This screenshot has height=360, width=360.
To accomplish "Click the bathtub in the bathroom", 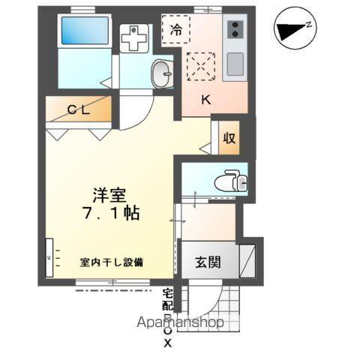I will (x=84, y=32).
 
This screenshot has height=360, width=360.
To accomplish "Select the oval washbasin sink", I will (x=161, y=73).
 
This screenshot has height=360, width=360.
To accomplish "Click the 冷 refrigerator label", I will (x=177, y=30).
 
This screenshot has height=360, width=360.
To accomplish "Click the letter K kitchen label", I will (x=203, y=98).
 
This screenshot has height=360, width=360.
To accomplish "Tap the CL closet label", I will (x=79, y=110).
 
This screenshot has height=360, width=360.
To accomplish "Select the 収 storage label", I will (x=229, y=139).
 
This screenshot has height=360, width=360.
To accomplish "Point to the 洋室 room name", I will (x=108, y=193).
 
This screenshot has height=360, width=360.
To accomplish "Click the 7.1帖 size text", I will (x=108, y=212).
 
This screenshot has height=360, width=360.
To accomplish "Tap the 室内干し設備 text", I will (x=112, y=262).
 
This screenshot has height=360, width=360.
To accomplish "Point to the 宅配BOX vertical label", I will (x=167, y=315).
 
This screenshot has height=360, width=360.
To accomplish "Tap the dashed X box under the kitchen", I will (x=202, y=67).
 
